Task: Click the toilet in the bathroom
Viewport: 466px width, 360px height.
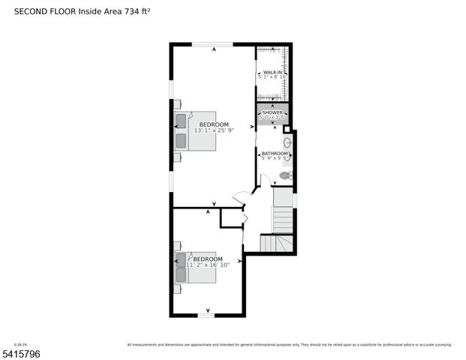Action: [x=284, y=175]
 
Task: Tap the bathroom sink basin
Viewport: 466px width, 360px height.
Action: [x=287, y=142]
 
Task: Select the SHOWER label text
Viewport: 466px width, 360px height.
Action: [x=272, y=112]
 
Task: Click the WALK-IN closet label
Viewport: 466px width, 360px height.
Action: [x=272, y=72]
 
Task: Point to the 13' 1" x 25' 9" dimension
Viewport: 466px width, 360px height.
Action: [x=214, y=130]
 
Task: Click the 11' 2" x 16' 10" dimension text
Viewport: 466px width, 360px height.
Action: [x=208, y=265]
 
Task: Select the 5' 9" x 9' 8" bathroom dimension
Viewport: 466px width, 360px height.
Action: [x=273, y=158]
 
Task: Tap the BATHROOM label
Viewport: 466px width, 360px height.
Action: [x=274, y=153]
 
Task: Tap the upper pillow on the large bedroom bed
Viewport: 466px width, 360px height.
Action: [x=182, y=121]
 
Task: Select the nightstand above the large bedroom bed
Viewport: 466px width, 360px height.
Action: [x=177, y=104]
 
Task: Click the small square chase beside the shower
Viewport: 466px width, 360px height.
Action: [x=287, y=129]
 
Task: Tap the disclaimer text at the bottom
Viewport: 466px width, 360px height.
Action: [x=289, y=345]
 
